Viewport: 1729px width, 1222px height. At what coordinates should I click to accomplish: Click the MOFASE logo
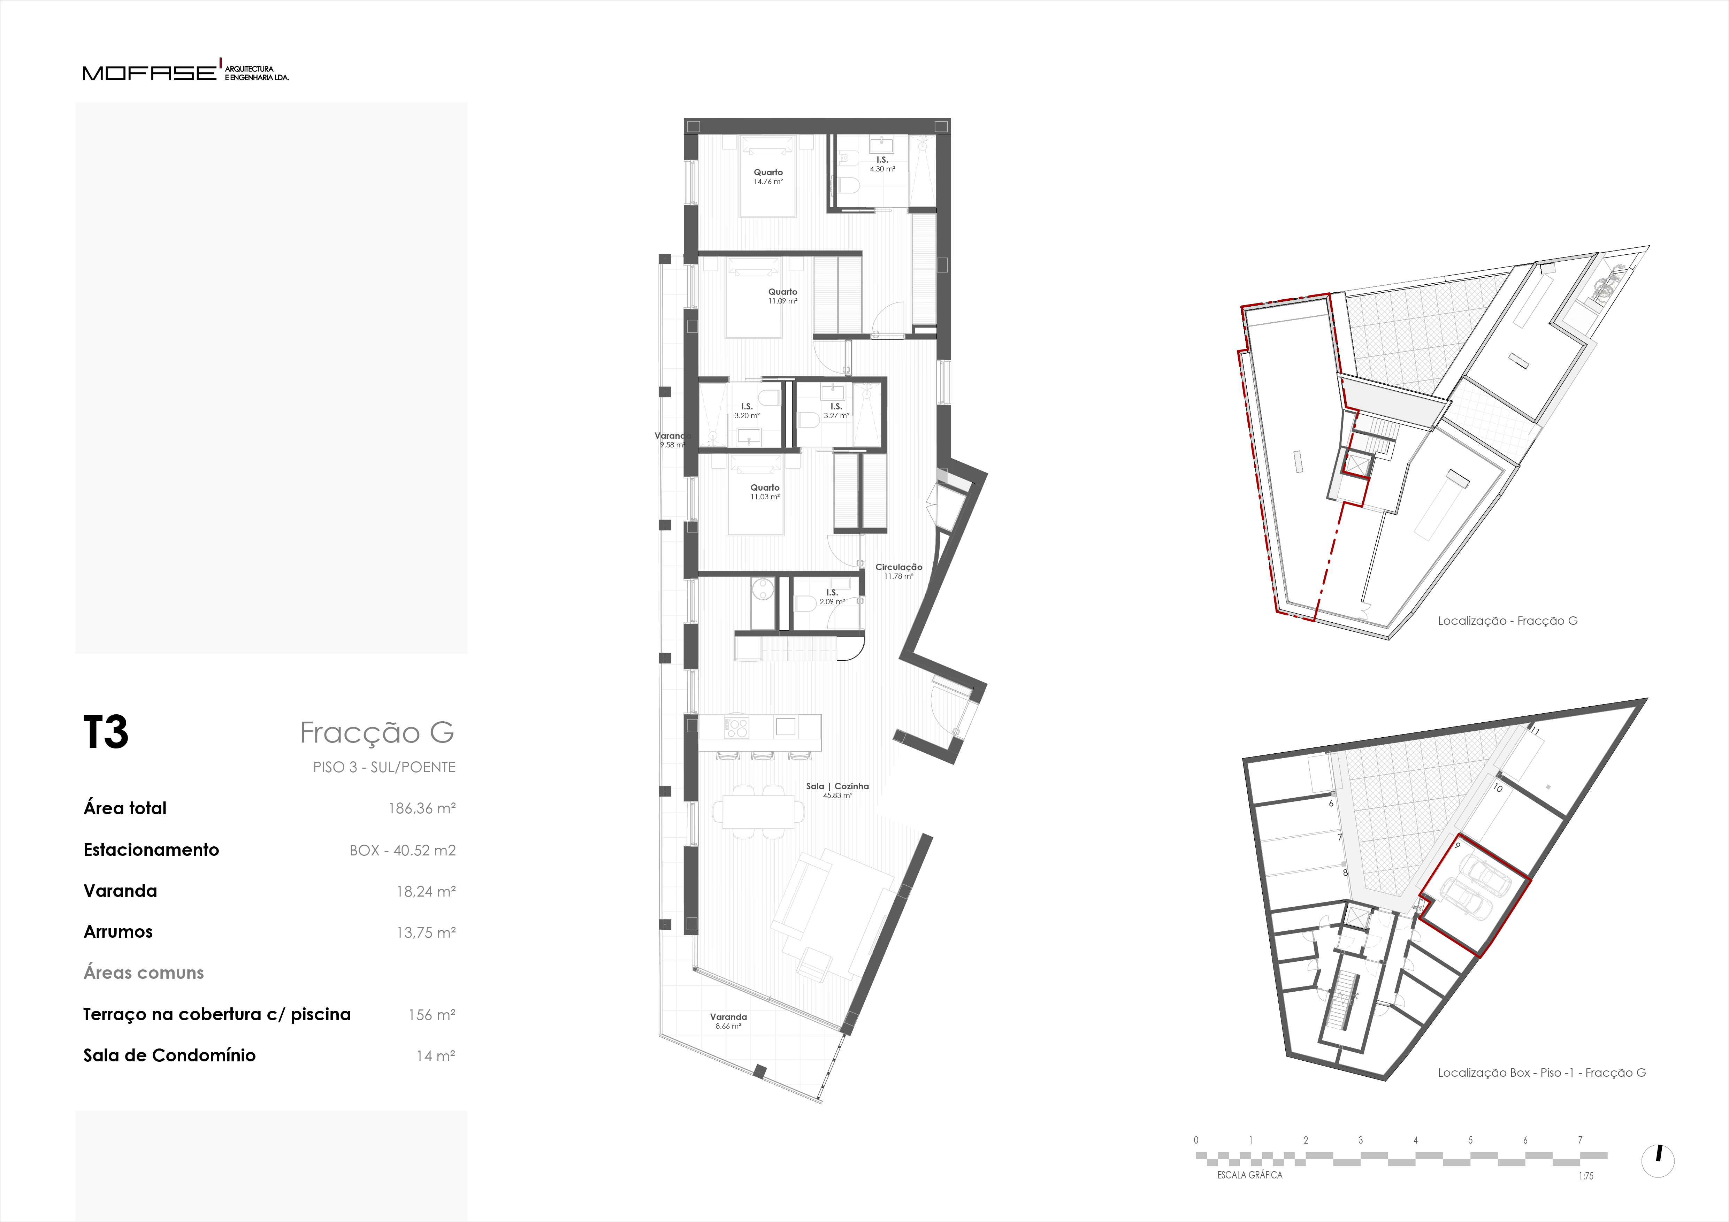coord(185,71)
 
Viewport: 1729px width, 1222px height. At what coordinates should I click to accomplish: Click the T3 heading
coord(105,732)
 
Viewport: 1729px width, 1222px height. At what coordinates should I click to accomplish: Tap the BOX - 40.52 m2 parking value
coord(402,850)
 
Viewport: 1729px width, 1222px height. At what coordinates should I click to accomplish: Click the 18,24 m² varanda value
coord(426,891)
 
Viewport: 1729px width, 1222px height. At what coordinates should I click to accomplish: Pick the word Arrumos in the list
coord(118,932)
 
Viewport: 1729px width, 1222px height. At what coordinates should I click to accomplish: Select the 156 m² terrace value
coord(431,1015)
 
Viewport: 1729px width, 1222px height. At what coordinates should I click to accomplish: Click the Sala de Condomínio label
coord(169,1055)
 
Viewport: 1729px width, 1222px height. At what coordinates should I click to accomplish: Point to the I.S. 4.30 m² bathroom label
coord(882,164)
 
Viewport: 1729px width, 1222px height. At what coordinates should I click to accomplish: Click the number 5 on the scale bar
coord(1470,1140)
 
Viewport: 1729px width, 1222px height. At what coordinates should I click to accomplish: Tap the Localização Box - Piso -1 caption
coord(1541,1073)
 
